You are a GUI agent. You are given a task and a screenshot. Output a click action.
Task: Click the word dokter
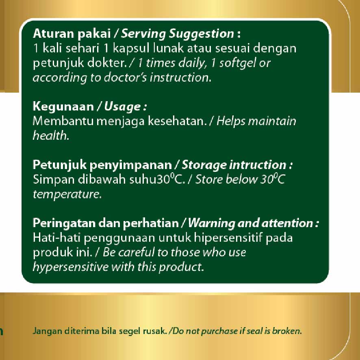pos(107,63)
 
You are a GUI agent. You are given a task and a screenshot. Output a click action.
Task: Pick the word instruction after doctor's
pos(180,78)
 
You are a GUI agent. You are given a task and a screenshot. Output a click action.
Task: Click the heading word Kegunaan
pos(63,107)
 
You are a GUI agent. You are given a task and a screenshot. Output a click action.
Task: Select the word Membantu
pos(63,121)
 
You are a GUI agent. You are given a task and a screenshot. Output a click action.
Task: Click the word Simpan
pos(54,180)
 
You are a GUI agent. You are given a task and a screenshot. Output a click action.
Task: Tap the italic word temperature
pos(67,194)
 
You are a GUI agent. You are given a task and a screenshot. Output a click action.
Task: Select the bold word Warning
pos(211,223)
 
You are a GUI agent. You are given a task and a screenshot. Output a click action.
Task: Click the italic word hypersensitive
pos(71,267)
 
